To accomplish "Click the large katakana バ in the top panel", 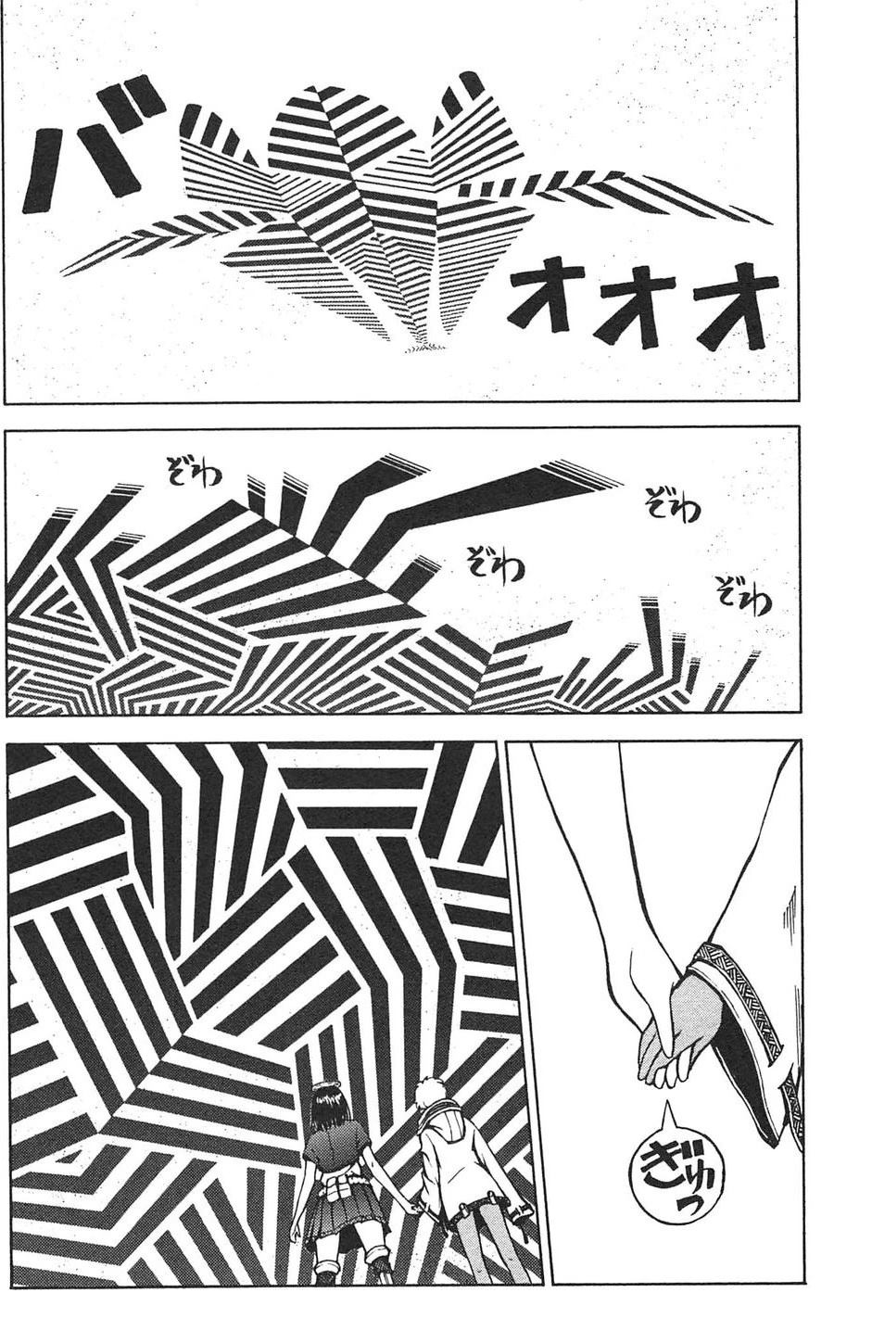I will coord(88,148).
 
